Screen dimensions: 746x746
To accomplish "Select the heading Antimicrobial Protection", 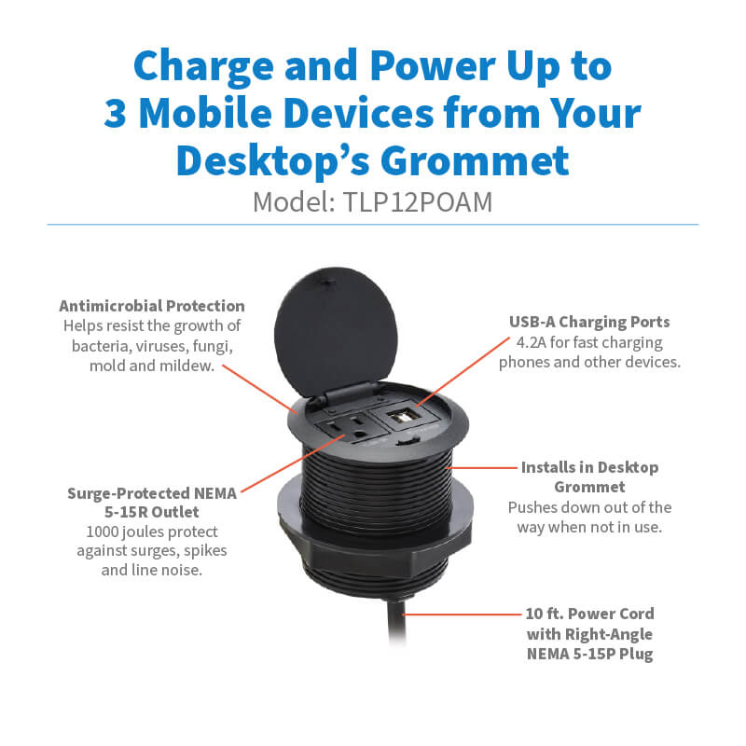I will pos(152,306).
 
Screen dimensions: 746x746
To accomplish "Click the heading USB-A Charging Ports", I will pos(589,322).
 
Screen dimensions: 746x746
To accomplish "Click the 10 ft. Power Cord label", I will pos(588,614).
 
